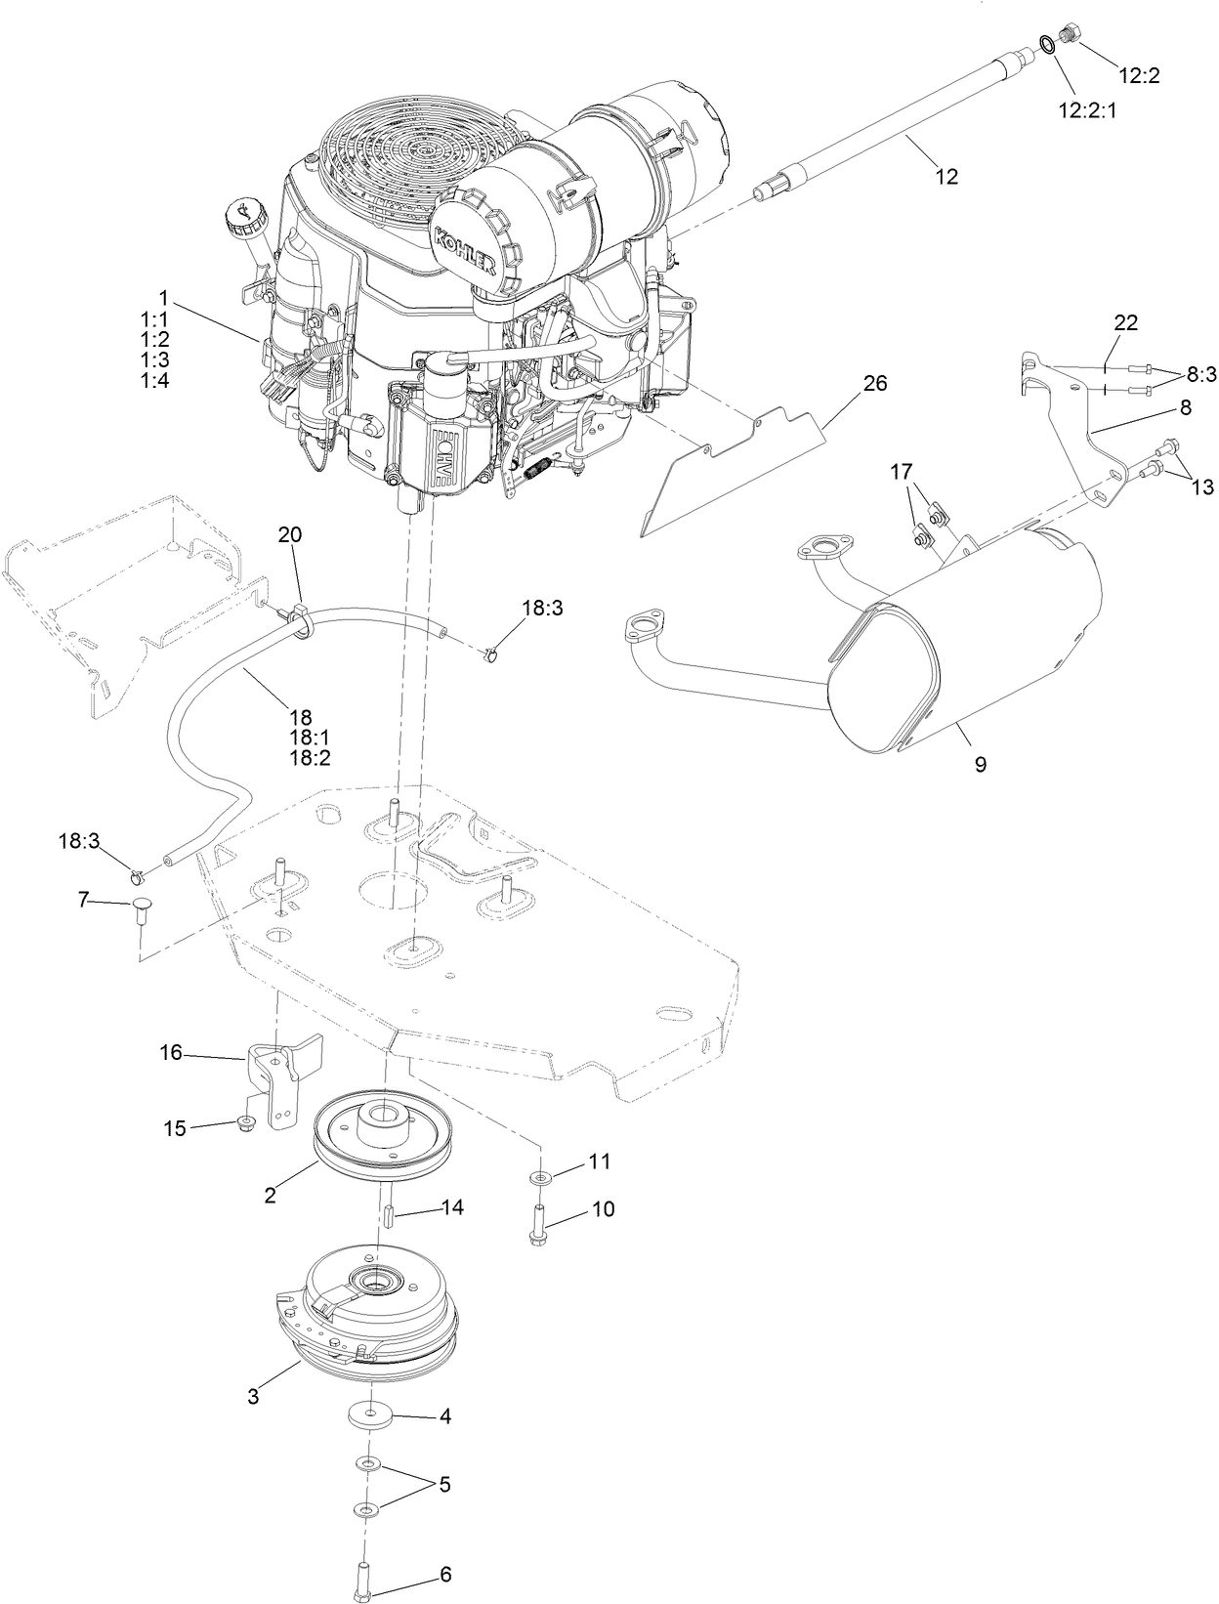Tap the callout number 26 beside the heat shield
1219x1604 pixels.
874,383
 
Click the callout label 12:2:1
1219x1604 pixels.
1087,110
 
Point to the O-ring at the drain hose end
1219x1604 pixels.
1046,44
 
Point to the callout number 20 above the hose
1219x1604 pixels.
290,534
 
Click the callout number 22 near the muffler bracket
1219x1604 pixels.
1125,322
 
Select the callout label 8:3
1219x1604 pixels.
1202,373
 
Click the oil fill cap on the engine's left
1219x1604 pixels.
241,212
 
